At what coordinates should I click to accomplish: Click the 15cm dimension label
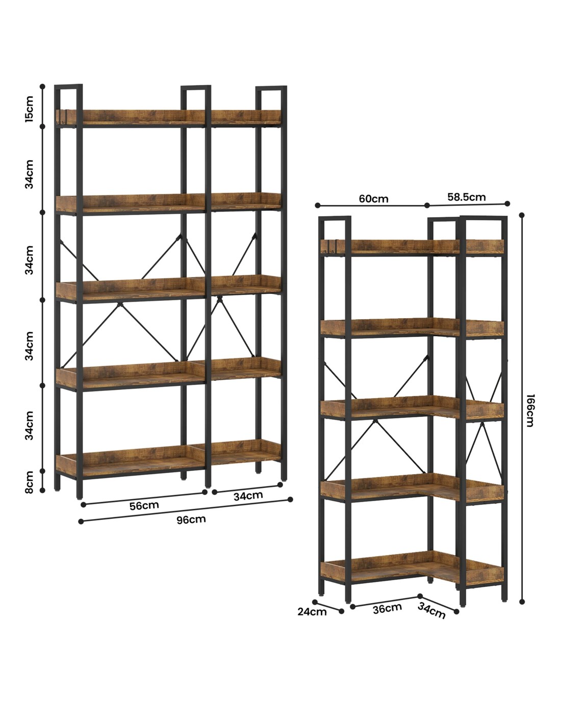pyautogui.click(x=30, y=109)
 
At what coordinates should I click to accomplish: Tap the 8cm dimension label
pyautogui.click(x=30, y=482)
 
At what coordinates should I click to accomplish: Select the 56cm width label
pyautogui.click(x=144, y=506)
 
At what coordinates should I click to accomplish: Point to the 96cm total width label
pyautogui.click(x=191, y=519)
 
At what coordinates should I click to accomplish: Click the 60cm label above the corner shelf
pyautogui.click(x=373, y=199)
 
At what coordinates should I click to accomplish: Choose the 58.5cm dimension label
pyautogui.click(x=467, y=197)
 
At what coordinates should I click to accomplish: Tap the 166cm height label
pyautogui.click(x=530, y=410)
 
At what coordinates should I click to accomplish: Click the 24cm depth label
pyautogui.click(x=312, y=612)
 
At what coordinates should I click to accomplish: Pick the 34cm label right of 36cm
pyautogui.click(x=431, y=610)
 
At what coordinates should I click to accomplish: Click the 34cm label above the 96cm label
pyautogui.click(x=248, y=496)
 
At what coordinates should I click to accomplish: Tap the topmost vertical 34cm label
pyautogui.click(x=30, y=174)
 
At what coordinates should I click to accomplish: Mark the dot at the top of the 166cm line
pyautogui.click(x=522, y=215)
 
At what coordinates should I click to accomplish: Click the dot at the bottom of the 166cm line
pyautogui.click(x=522, y=601)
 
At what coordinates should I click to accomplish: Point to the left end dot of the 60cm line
pyautogui.click(x=318, y=205)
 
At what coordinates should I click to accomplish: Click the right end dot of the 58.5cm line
pyautogui.click(x=507, y=203)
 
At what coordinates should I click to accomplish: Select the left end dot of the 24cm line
pyautogui.click(x=315, y=602)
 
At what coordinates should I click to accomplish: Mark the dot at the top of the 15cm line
pyautogui.click(x=42, y=86)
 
